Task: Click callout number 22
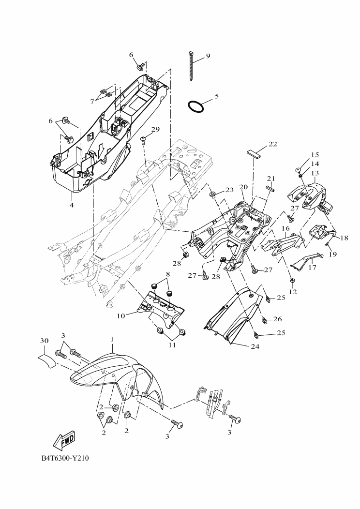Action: click(273, 144)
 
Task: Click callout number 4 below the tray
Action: click(71, 205)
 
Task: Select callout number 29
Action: click(155, 129)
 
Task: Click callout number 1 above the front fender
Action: click(111, 340)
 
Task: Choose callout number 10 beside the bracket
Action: click(121, 315)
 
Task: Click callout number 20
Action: click(243, 187)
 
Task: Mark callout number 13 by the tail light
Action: click(315, 173)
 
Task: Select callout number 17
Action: click(312, 267)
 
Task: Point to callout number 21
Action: click(270, 179)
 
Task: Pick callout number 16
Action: click(285, 228)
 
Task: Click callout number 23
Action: click(229, 189)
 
